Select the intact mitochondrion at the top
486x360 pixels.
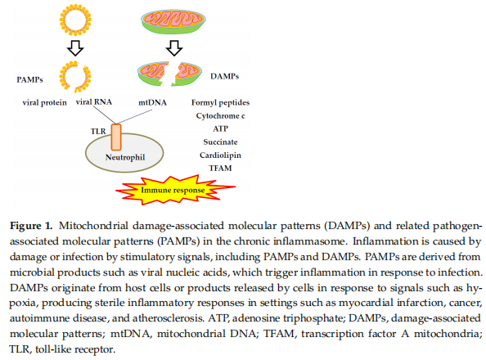point(173,21)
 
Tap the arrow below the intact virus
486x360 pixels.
point(75,48)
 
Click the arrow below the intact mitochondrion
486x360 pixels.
point(174,48)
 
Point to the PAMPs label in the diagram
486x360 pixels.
point(29,79)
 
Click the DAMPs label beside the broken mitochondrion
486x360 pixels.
point(224,76)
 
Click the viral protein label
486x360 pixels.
point(45,102)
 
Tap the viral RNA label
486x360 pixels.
point(94,102)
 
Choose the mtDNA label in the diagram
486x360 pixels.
point(152,102)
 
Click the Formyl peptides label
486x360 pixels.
point(220,102)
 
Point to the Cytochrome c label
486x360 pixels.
point(220,115)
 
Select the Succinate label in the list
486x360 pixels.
point(220,142)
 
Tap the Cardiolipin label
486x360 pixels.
point(220,155)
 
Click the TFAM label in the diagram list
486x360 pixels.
point(220,168)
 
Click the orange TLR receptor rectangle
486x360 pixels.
point(116,137)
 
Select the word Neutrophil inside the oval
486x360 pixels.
point(125,157)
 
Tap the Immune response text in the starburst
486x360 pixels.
point(173,190)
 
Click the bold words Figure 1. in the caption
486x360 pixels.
point(31,226)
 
